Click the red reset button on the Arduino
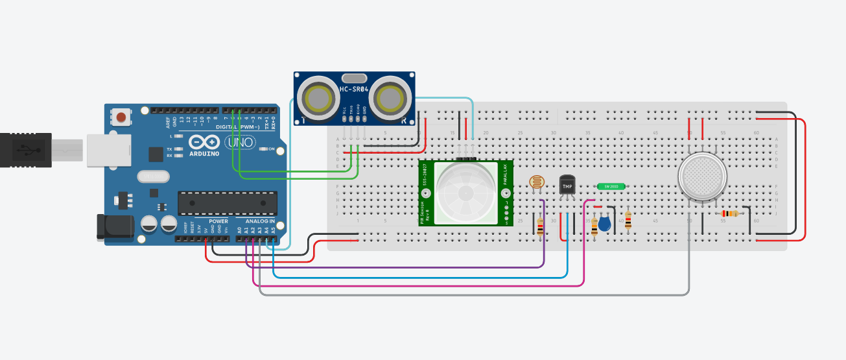[121, 117]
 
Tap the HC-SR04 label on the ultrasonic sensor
[354, 89]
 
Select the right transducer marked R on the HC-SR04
[390, 99]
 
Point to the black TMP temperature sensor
[567, 186]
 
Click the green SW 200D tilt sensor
[611, 186]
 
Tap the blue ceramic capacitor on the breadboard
[604, 224]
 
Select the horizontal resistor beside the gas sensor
[729, 213]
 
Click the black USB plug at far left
[26, 150]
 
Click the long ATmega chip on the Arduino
[227, 203]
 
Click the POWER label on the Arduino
[218, 221]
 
